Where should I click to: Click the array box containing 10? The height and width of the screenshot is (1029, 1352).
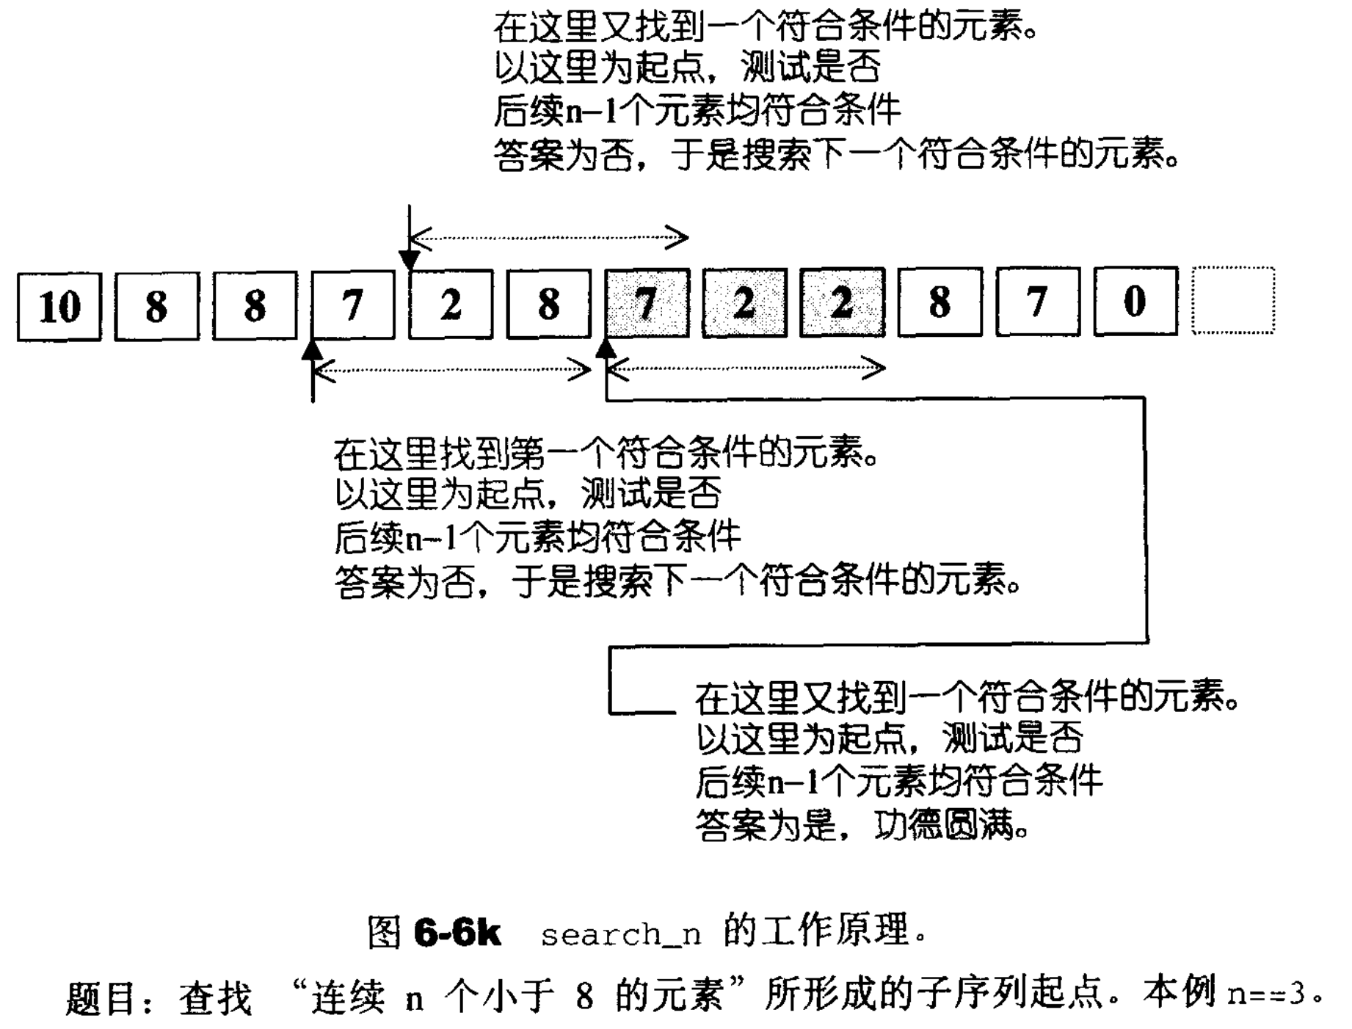pyautogui.click(x=59, y=306)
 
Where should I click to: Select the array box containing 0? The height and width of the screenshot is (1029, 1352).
pyautogui.click(x=1135, y=302)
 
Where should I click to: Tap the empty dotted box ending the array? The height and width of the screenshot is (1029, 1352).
pyautogui.click(x=1233, y=301)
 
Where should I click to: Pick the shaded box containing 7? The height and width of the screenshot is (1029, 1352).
pyautogui.click(x=647, y=303)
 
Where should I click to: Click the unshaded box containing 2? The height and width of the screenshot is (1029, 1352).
pyautogui.click(x=451, y=304)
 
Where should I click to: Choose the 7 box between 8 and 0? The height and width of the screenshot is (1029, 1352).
pyautogui.click(x=1037, y=302)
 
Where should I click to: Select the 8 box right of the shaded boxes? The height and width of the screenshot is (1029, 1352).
pyautogui.click(x=940, y=302)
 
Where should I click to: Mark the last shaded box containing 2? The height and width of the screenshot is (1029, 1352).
pyautogui.click(x=842, y=302)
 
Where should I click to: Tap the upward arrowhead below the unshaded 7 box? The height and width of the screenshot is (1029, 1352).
pyautogui.click(x=313, y=351)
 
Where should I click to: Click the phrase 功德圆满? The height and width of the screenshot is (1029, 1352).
pyautogui.click(x=945, y=826)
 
